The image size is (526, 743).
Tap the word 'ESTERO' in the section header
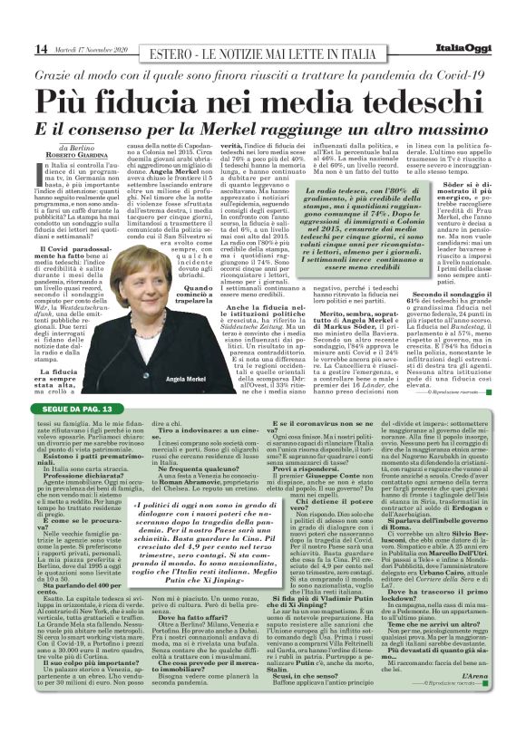point(174,47)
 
